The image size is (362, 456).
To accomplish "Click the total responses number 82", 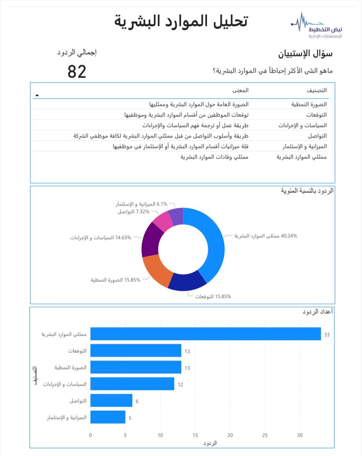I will click(77, 72).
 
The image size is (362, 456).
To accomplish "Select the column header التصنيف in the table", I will click(316, 90).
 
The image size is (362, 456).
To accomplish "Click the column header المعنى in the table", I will click(241, 90).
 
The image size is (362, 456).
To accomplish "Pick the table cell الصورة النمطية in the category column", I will click(309, 104).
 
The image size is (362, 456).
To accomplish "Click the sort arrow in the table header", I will click(37, 95).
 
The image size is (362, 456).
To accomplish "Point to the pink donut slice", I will click(162, 221).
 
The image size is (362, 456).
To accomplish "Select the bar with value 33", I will click(206, 334).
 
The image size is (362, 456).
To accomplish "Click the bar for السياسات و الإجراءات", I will click(132, 384).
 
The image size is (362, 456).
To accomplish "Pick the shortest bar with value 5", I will click(108, 417).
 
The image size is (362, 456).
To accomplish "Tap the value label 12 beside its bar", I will click(180, 384).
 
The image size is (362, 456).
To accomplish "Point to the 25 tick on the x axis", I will click(265, 435).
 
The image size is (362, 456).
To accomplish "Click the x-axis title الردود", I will click(210, 443).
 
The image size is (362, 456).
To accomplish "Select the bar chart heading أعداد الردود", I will click(318, 312).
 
